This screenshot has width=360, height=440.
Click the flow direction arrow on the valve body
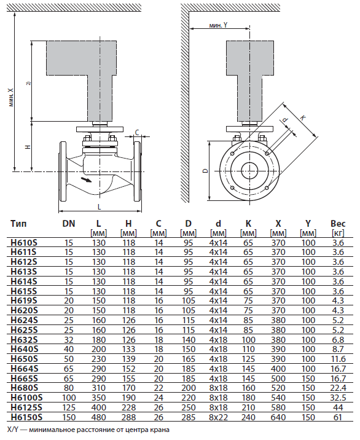pyautogui.click(x=85, y=179)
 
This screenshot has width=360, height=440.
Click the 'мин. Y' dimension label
pyautogui.click(x=218, y=25)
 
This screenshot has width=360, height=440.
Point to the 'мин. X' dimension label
pyautogui.click(x=11, y=97)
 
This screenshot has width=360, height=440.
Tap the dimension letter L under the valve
pyautogui.click(x=99, y=207)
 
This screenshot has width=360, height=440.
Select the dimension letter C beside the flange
pyautogui.click(x=137, y=132)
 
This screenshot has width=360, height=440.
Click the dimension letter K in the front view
pyautogui.click(x=302, y=118)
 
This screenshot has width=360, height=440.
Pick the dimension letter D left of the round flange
pyautogui.click(x=205, y=171)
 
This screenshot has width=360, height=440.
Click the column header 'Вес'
pyautogui.click(x=338, y=224)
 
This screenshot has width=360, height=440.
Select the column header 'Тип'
pyautogui.click(x=19, y=224)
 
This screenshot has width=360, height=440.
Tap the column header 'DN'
pyautogui.click(x=69, y=224)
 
